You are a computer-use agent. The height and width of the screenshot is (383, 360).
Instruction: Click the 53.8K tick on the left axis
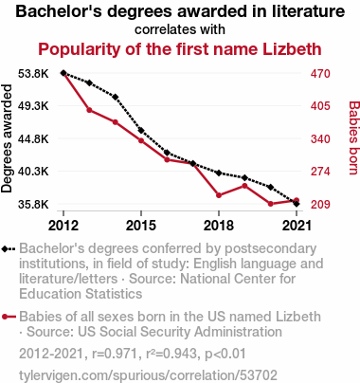pyautogui.click(x=33, y=74)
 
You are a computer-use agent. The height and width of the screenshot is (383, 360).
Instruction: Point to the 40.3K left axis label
pyautogui.click(x=33, y=172)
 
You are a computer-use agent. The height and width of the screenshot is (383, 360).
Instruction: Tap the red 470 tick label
pyautogui.click(x=320, y=74)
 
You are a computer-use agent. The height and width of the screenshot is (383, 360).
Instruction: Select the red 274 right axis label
pyautogui.click(x=320, y=172)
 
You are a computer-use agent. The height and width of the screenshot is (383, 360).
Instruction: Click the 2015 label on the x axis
pyautogui.click(x=141, y=226)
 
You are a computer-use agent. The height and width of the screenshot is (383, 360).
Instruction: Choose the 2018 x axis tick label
pyautogui.click(x=219, y=226)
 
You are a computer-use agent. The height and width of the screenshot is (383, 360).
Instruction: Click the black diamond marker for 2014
pyautogui.click(x=116, y=97)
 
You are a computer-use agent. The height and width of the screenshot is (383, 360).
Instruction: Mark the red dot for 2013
pyautogui.click(x=89, y=110)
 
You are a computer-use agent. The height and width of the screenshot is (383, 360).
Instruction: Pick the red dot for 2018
pyautogui.click(x=219, y=195)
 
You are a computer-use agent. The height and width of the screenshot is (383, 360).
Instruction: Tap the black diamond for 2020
pyautogui.click(x=270, y=187)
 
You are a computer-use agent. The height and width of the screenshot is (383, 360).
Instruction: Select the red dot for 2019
pyautogui.click(x=244, y=186)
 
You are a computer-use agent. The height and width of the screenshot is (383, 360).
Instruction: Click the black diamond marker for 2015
pyautogui.click(x=141, y=130)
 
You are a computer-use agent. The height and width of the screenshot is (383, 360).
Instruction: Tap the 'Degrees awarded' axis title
pyautogui.click(x=7, y=138)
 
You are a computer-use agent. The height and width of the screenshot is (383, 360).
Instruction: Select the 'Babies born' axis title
pyautogui.click(x=353, y=137)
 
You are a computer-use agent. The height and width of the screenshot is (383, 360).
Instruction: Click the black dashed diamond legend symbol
pyautogui.click(x=9, y=249)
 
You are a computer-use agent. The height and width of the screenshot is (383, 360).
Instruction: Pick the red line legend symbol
pyautogui.click(x=9, y=317)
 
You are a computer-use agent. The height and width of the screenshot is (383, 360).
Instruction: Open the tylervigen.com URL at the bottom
pyautogui.click(x=148, y=375)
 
